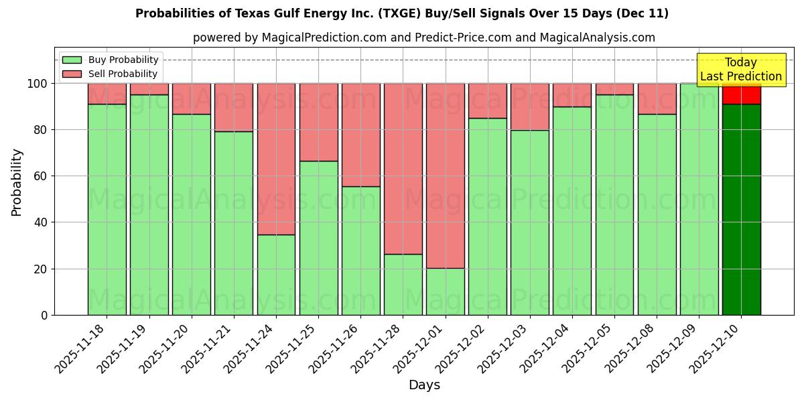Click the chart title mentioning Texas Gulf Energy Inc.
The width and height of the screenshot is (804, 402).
(x=402, y=13)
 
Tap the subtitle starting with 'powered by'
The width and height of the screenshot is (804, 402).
(x=423, y=38)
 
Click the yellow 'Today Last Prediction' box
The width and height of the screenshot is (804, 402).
(x=740, y=70)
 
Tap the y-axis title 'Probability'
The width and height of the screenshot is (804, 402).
(x=17, y=182)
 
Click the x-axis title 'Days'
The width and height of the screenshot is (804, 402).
(x=423, y=385)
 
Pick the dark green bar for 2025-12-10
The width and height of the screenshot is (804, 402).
(x=741, y=209)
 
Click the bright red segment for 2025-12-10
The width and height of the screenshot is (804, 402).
(x=741, y=94)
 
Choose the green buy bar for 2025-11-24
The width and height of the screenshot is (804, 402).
(x=276, y=275)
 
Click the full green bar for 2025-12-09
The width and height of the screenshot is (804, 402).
(x=699, y=199)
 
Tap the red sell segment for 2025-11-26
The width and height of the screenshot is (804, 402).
(x=360, y=135)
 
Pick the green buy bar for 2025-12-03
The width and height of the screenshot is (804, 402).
(x=529, y=222)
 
